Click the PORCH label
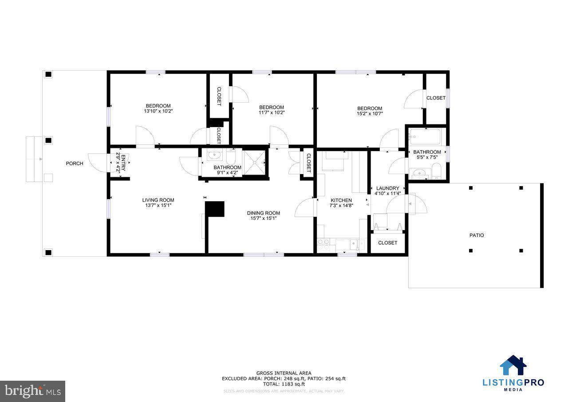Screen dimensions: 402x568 point(75,163)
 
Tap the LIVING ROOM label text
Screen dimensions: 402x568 point(158,200)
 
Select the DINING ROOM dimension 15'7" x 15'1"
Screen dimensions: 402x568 point(264,219)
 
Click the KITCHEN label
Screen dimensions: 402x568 point(341,200)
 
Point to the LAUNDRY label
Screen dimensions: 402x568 point(387,188)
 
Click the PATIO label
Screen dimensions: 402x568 point(477,235)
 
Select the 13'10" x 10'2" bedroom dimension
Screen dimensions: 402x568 point(158,111)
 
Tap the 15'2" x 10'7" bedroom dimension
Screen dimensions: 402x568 point(370,114)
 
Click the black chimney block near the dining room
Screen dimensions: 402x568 point(215,209)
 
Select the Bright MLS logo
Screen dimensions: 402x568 point(32,391)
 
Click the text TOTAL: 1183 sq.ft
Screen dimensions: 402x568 point(284,384)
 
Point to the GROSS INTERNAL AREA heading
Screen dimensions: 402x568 point(284,373)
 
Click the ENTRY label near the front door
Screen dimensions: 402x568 point(120,162)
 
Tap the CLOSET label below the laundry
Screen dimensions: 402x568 point(387,243)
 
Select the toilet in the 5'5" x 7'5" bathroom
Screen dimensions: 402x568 point(436,171)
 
